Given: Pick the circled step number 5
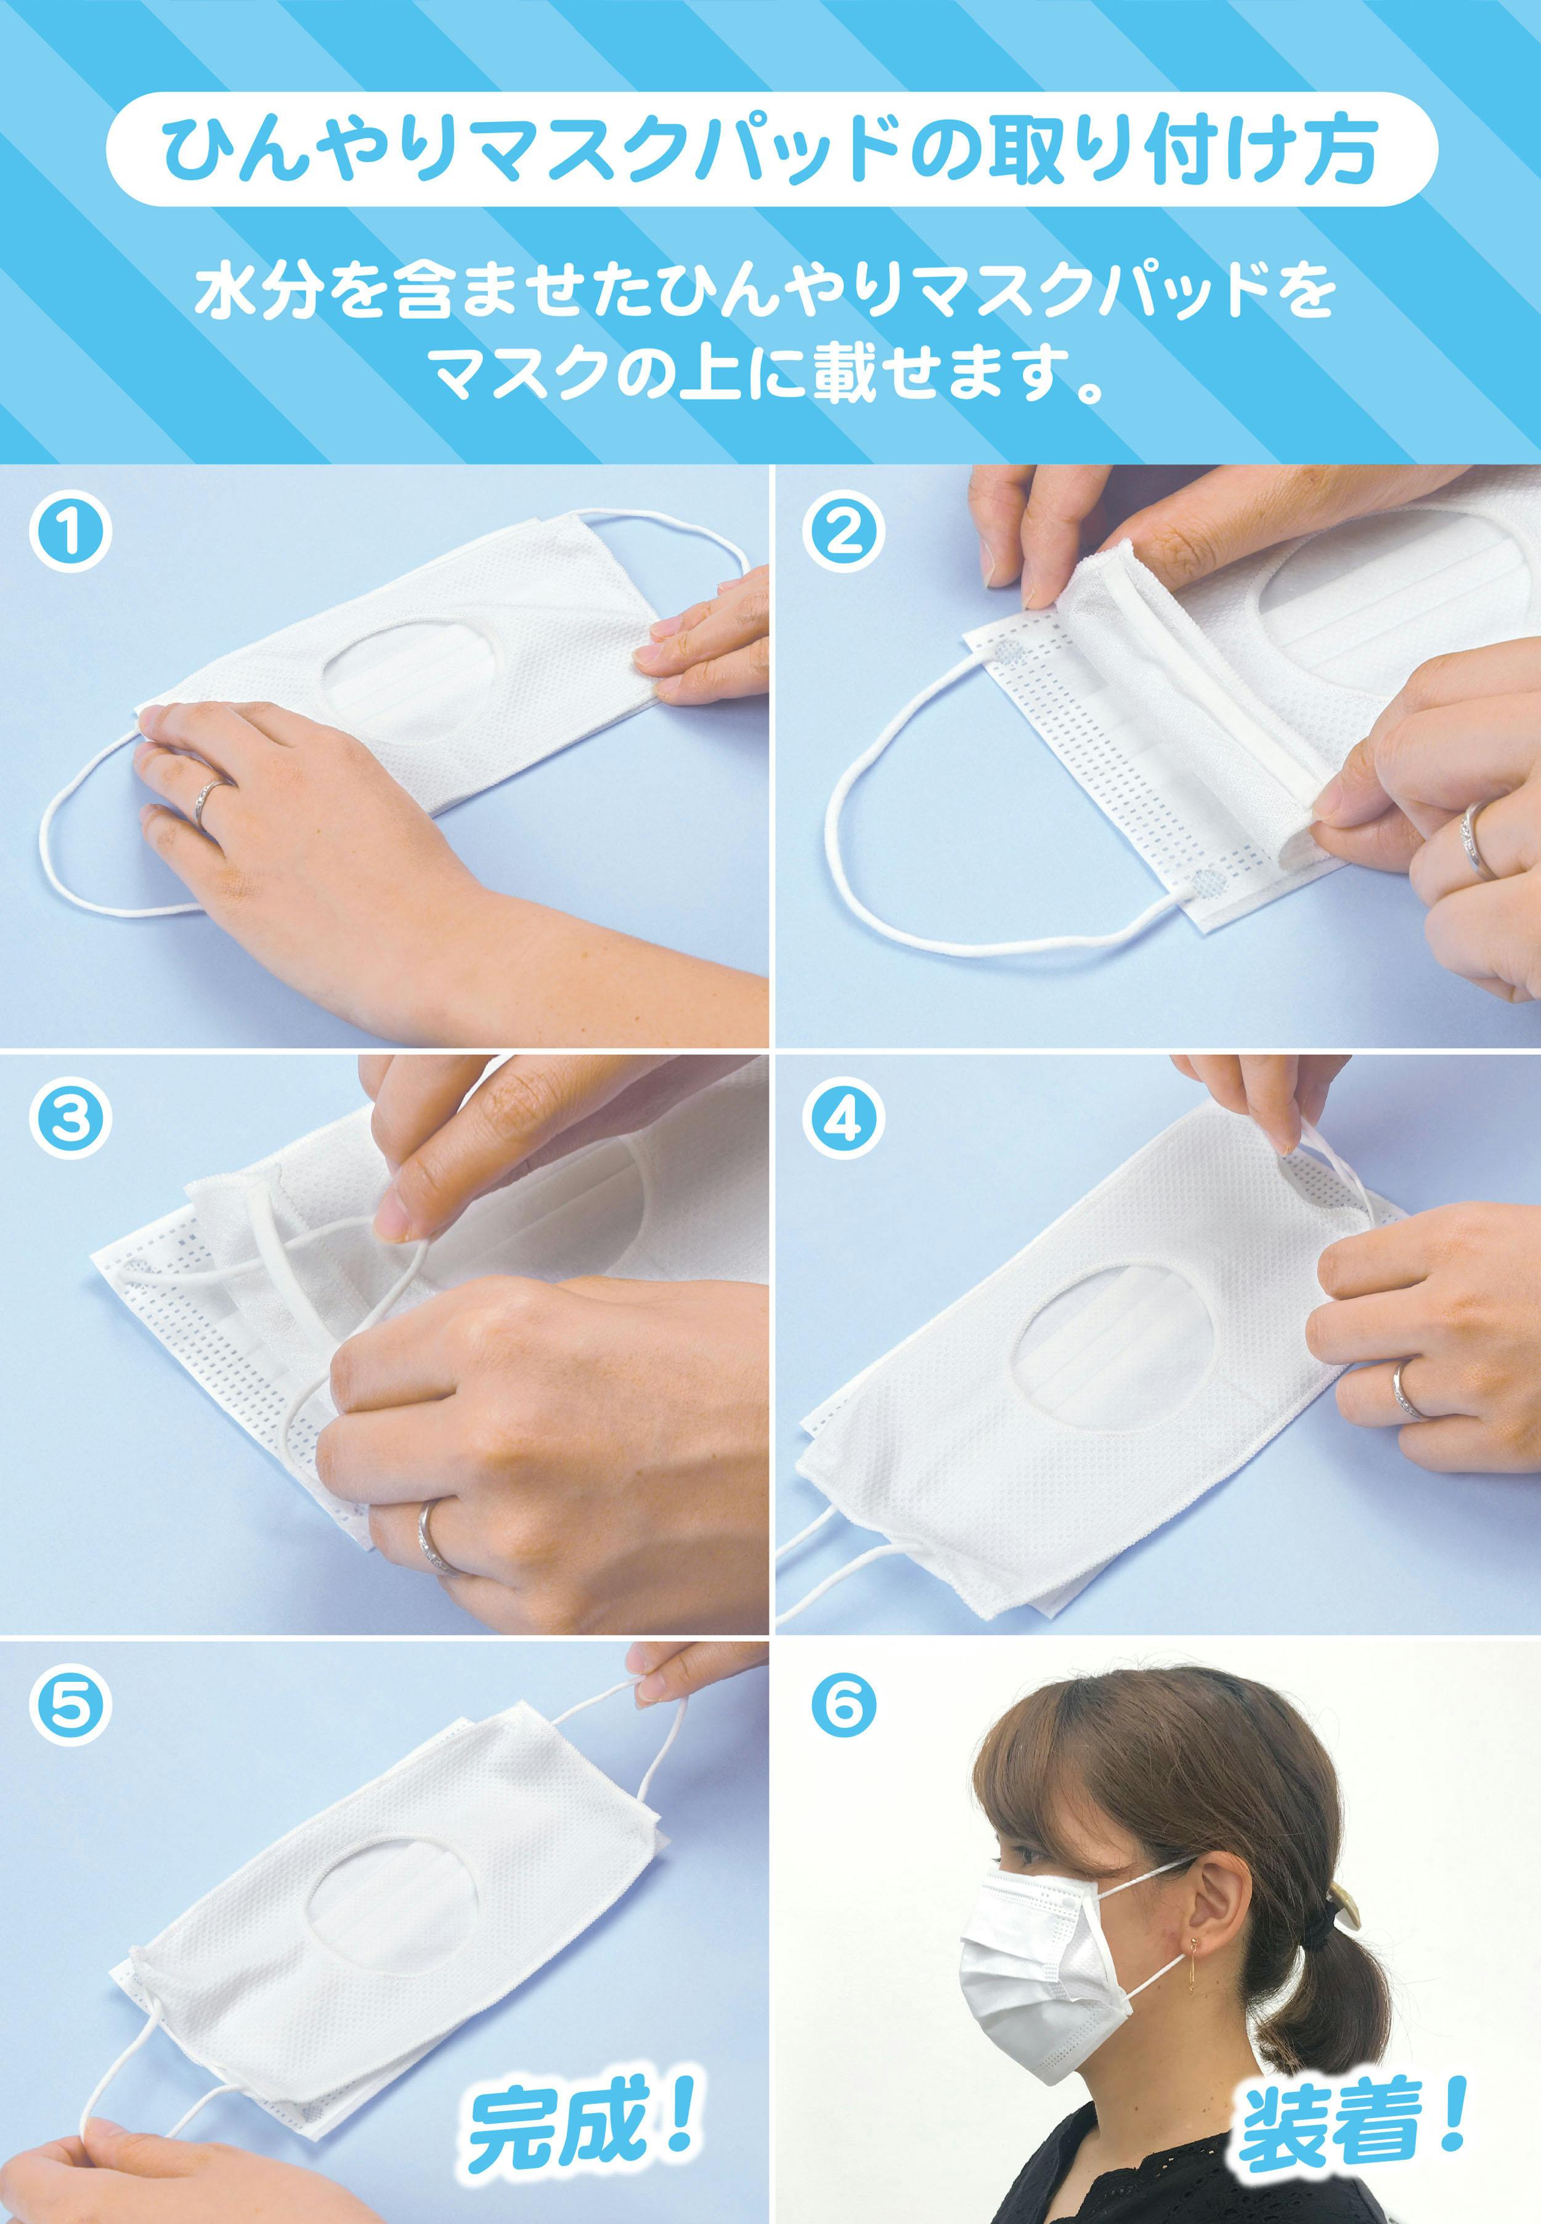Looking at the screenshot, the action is coord(70,1706).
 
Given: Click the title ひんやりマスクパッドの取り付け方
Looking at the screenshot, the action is coord(770,150).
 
